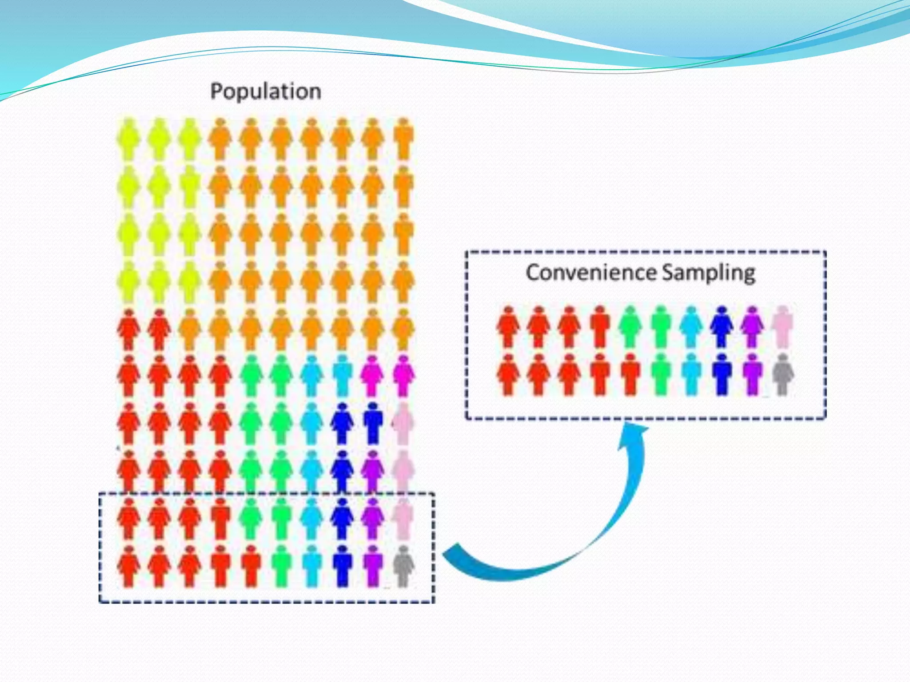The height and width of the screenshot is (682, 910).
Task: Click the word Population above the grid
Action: coord(265,91)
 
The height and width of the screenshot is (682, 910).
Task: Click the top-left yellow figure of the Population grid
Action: coord(129,139)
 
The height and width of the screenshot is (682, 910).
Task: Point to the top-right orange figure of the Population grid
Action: coord(403,139)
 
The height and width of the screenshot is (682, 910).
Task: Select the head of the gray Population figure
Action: coord(403,550)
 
